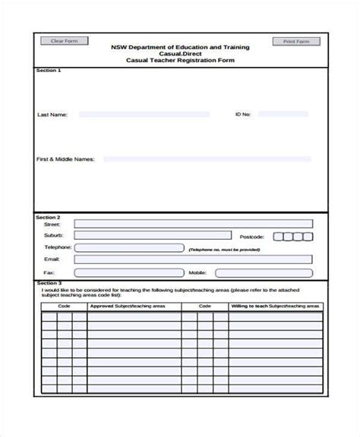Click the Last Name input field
click(144, 115)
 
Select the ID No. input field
click(283, 115)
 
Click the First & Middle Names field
click(207, 159)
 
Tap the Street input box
click(193, 224)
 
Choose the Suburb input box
click(152, 235)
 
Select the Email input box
click(193, 259)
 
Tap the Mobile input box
click(263, 272)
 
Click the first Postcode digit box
click(278, 236)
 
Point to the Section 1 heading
click(49, 70)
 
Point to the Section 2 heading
click(49, 216)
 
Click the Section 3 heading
click(49, 282)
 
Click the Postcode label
click(252, 236)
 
